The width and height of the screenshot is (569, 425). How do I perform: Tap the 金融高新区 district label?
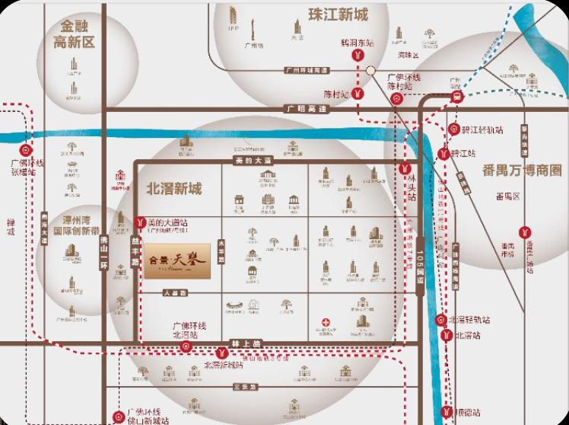[x=74, y=34]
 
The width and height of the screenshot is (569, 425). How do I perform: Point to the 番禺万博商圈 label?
[x=522, y=169]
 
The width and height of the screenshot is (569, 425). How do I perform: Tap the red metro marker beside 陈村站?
[x=358, y=94]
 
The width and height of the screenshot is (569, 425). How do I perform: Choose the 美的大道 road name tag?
[x=253, y=161]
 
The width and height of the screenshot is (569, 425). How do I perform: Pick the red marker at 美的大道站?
[x=139, y=222]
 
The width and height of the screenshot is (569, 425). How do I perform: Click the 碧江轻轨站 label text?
[x=482, y=130]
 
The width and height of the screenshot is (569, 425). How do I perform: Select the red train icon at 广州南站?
[x=456, y=97]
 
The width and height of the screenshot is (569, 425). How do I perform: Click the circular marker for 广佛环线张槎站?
[x=25, y=150]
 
